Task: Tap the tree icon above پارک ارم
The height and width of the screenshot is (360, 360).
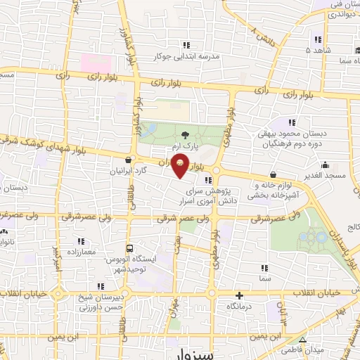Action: (x=185, y=134)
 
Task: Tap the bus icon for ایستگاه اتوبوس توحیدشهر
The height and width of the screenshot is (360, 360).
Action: (x=129, y=248)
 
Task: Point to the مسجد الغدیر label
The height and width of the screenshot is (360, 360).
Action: (x=327, y=174)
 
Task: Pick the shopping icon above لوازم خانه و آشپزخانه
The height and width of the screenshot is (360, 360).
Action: (x=273, y=174)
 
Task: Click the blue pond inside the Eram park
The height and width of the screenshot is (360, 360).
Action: (x=149, y=131)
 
